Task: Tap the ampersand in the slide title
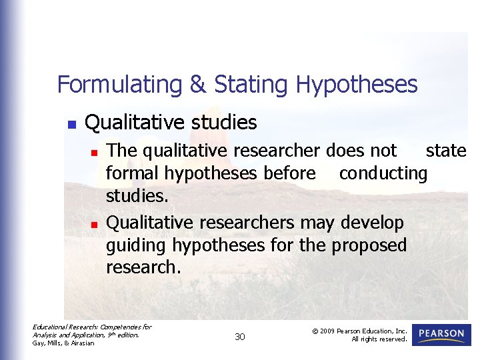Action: coord(198,85)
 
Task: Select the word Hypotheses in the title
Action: coord(357,85)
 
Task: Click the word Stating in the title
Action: coord(251,85)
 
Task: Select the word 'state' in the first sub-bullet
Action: coord(446,151)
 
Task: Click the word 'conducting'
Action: coord(383,173)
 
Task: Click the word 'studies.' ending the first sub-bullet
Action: coord(138,197)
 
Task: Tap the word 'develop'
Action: coord(372,222)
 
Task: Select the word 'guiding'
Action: coord(137,245)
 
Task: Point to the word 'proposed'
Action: coord(368,245)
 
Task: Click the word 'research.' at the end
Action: coord(143,267)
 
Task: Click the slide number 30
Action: coord(240,337)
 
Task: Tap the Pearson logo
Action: coord(441,334)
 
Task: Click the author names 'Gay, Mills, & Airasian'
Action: coord(64,343)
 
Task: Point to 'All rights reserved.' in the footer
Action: coord(379,339)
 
